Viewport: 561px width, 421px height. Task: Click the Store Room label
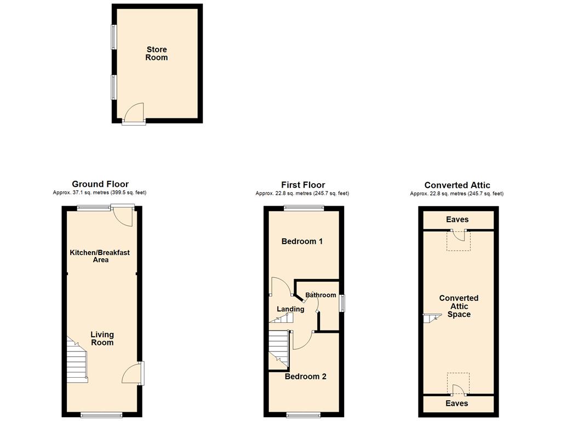pos(156,54)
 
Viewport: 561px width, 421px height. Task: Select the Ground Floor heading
pos(100,184)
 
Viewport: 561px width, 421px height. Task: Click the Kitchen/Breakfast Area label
pos(100,256)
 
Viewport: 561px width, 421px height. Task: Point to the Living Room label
pos(102,338)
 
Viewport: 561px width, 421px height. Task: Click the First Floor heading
pos(303,185)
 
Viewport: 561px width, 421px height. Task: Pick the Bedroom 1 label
pos(302,241)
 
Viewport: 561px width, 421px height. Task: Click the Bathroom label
pos(320,295)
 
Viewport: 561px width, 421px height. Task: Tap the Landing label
pos(290,309)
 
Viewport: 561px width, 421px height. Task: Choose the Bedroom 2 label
pos(306,377)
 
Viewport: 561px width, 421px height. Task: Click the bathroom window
pos(342,303)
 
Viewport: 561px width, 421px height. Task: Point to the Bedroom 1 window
pos(304,207)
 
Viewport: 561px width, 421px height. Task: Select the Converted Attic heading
pos(457,185)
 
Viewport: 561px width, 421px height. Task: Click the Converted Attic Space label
pos(459,306)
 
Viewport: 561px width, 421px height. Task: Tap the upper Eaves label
pos(457,219)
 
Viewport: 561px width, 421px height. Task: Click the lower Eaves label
pos(457,403)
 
